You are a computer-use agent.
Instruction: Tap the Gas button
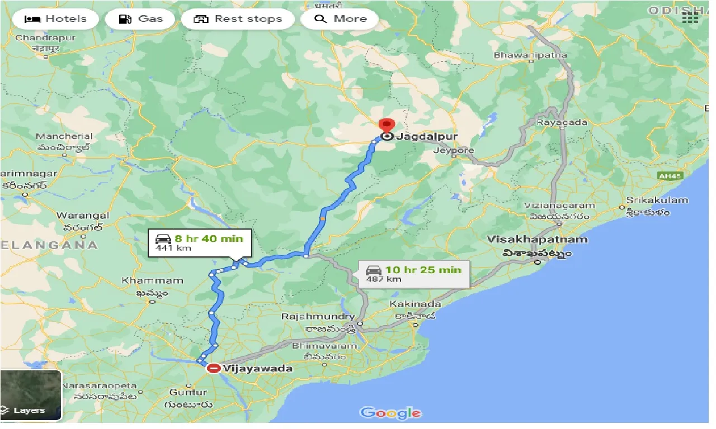[141, 19]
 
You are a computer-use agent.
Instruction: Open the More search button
[340, 19]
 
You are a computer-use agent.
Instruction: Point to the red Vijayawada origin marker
[213, 369]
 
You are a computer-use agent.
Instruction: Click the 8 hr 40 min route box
[200, 243]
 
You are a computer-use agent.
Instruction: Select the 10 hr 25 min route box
[413, 274]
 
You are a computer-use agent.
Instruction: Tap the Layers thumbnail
[31, 395]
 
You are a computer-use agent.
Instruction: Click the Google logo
[390, 413]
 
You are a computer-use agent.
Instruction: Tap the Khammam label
[153, 281]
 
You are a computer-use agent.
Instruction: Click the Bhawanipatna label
[530, 55]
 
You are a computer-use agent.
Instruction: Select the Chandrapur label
[37, 38]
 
